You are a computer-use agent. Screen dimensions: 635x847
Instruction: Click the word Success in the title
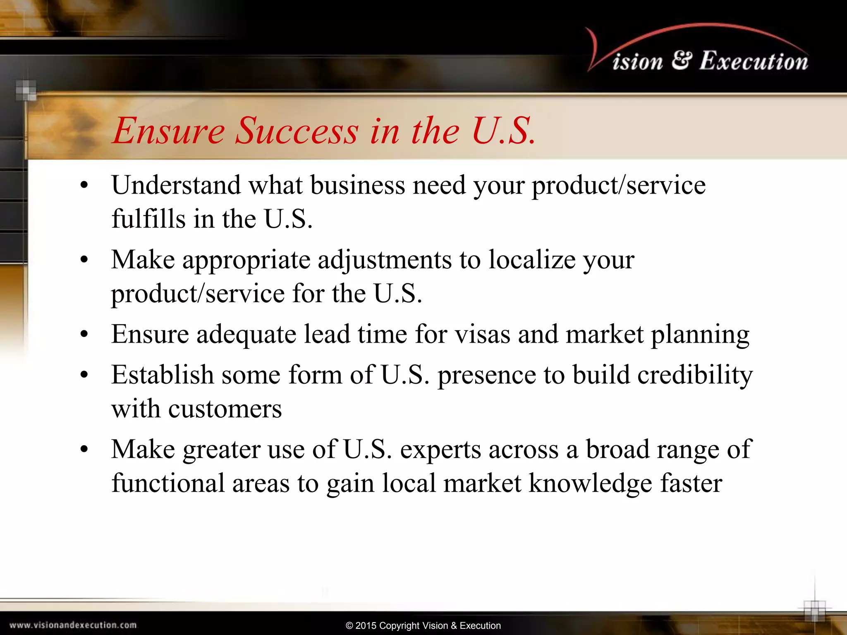pyautogui.click(x=297, y=131)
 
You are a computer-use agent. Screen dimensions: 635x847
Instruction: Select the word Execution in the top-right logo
pyautogui.click(x=754, y=61)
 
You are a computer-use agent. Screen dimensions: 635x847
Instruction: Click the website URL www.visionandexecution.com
pyautogui.click(x=73, y=625)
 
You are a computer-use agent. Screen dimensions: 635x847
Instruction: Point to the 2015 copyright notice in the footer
pyautogui.click(x=423, y=625)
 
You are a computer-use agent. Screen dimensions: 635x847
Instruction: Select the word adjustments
pyautogui.click(x=385, y=260)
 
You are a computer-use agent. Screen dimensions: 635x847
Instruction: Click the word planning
pyautogui.click(x=700, y=335)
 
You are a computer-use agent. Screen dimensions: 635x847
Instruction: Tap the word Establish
pyautogui.click(x=162, y=375)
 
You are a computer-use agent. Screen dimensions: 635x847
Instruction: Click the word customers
pyautogui.click(x=225, y=409)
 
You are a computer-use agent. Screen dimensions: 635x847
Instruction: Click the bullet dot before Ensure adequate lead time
pyautogui.click(x=84, y=335)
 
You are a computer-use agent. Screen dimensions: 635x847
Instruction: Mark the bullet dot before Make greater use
pyautogui.click(x=84, y=450)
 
